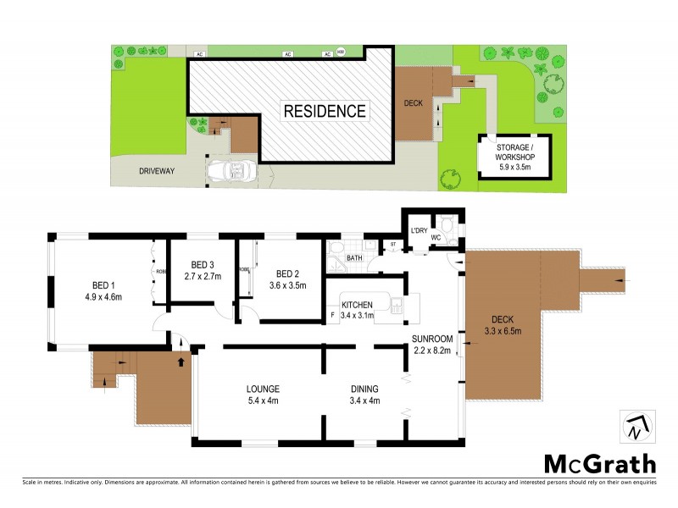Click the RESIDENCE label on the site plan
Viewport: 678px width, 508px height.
(x=325, y=111)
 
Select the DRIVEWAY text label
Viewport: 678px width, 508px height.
(x=157, y=171)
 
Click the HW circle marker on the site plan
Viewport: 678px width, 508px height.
(x=342, y=52)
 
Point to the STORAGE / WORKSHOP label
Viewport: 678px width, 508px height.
(x=514, y=157)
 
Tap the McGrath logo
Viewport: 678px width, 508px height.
(x=598, y=464)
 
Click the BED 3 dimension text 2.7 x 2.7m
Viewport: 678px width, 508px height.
(x=203, y=276)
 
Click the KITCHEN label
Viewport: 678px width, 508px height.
(x=358, y=305)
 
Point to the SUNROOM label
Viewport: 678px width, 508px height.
(x=433, y=339)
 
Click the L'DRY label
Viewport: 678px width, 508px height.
(x=418, y=231)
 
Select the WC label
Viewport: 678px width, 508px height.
(x=436, y=238)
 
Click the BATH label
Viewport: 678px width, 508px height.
(x=354, y=258)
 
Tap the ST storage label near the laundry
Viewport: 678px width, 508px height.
(x=392, y=246)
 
